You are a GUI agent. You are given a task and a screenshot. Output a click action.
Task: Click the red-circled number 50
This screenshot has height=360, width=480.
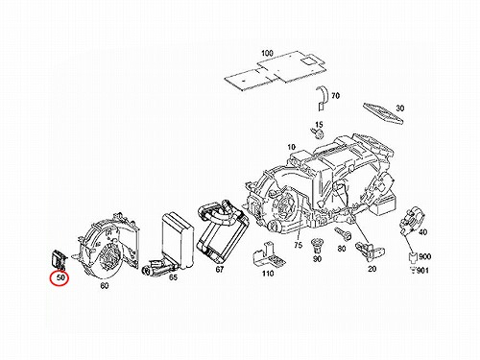coord(60,277)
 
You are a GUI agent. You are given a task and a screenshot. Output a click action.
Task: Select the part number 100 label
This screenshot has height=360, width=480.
coord(268,53)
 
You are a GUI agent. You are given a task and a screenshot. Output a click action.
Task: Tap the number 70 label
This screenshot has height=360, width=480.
coord(335,95)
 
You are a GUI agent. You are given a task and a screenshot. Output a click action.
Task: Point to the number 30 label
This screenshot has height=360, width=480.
coord(400,108)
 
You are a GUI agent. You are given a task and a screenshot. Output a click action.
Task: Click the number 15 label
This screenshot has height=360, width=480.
coord(319,125)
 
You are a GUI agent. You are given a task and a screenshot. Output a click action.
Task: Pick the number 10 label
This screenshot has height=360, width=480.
coord(291,147)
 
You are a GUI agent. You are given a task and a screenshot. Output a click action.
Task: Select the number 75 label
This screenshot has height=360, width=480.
coord(298,245)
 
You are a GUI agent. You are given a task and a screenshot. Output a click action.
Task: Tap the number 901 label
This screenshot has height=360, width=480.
coord(423,271)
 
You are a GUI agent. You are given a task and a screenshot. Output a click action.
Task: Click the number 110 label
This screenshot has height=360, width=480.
coord(268,274)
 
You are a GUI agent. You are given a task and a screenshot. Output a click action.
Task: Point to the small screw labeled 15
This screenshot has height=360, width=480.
coord(317,133)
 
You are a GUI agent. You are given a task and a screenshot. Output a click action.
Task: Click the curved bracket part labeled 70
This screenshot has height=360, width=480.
coord(322,98)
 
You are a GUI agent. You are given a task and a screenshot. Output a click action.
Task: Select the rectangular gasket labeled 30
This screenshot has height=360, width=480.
coord(383,113)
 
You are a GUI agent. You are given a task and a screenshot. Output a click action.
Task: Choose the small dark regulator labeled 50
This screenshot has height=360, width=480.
coord(59,258)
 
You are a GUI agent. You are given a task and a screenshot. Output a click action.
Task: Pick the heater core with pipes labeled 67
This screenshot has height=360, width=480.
coord(223,229)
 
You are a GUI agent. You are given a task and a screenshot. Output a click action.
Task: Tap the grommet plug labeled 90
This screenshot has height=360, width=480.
coord(317,246)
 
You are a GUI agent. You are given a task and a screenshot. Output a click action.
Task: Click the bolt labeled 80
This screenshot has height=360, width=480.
coord(343,233)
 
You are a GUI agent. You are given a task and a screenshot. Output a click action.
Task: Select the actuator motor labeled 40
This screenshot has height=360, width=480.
coord(412,220)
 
